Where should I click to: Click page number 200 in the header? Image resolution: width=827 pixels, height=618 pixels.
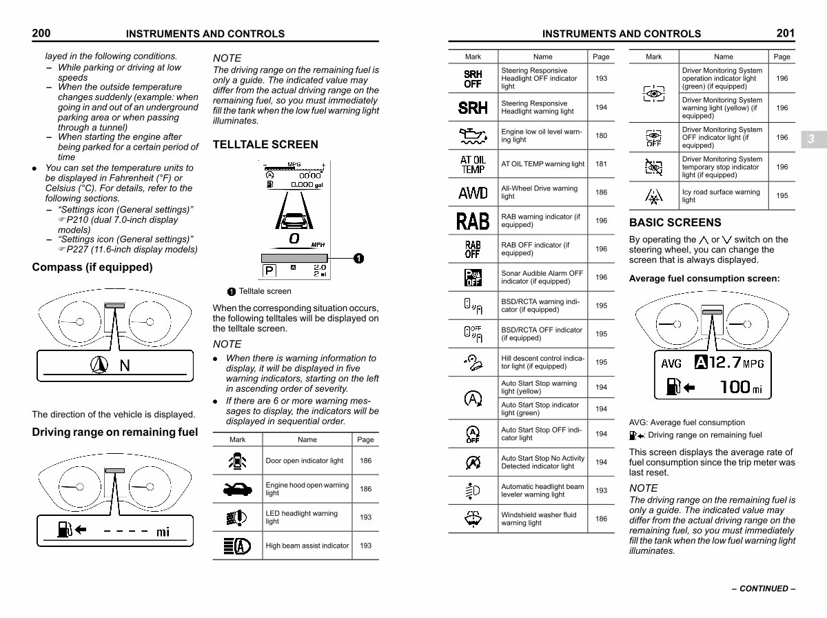click(41, 32)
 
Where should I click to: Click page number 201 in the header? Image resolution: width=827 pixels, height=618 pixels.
click(785, 32)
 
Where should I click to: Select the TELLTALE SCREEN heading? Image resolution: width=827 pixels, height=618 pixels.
click(265, 144)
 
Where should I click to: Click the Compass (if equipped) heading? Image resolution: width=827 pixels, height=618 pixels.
click(92, 267)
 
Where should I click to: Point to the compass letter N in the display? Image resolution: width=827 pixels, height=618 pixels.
click(125, 366)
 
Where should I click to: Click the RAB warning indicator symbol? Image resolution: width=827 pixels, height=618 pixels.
click(473, 221)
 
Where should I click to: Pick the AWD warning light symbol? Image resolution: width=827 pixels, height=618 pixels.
click(473, 192)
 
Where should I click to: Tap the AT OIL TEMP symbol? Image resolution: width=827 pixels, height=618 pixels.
click(473, 164)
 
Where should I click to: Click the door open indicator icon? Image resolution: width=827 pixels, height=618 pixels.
click(237, 461)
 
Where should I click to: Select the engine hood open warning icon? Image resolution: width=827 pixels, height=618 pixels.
click(237, 489)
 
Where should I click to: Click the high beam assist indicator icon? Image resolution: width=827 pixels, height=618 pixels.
click(237, 546)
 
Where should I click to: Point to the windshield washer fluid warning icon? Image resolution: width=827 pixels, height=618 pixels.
click(473, 519)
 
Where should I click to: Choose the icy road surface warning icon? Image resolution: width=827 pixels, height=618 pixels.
click(653, 197)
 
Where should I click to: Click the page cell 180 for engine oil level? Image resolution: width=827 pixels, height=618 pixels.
click(601, 136)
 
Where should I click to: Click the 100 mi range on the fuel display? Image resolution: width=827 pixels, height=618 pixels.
click(741, 387)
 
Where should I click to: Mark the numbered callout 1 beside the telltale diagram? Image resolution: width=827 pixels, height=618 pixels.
click(358, 258)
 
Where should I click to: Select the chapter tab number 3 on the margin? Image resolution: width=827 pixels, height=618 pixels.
click(811, 139)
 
